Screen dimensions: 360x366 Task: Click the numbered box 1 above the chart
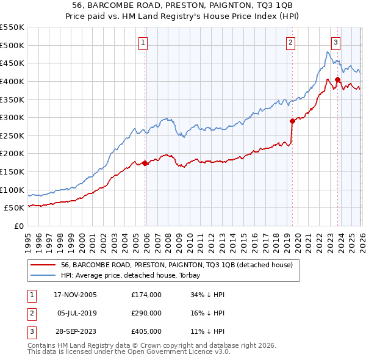coord(142,42)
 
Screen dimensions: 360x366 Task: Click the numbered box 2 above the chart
coord(290,42)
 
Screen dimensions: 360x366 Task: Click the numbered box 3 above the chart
coord(335,42)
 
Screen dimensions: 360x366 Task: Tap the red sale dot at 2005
coord(145,163)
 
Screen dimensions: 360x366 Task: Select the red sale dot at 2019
coord(292,121)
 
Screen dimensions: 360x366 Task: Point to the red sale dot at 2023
coord(338,79)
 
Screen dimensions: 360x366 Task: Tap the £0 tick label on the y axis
coord(18,226)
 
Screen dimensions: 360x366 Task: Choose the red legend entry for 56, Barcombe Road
coord(177,265)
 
